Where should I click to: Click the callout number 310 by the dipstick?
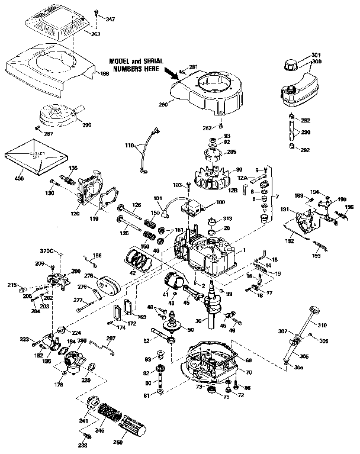click(322, 326)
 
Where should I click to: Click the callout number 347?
click(110, 20)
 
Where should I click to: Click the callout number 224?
click(76, 332)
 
